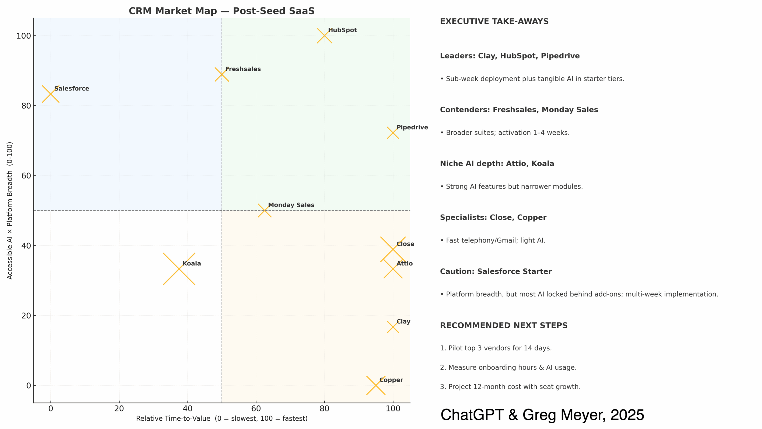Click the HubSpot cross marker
pyautogui.click(x=324, y=35)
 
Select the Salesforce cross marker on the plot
pyautogui.click(x=51, y=94)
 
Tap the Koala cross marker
pyautogui.click(x=179, y=269)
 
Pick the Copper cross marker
pyautogui.click(x=376, y=385)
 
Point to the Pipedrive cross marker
pyautogui.click(x=393, y=133)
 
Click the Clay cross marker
pyautogui.click(x=393, y=327)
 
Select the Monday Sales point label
pyautogui.click(x=291, y=205)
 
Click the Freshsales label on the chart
pyautogui.click(x=243, y=69)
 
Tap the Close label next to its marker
pyautogui.click(x=405, y=244)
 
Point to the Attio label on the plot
pyautogui.click(x=405, y=263)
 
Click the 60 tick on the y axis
pyautogui.click(x=26, y=176)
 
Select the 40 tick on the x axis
pyautogui.click(x=188, y=408)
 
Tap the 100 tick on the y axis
pyautogui.click(x=24, y=36)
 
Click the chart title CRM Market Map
pyautogui.click(x=221, y=11)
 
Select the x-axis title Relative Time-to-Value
pyautogui.click(x=221, y=419)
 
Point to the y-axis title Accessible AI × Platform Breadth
pyautogui.click(x=10, y=210)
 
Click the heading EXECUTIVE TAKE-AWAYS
pyautogui.click(x=494, y=21)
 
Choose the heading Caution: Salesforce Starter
pyautogui.click(x=496, y=271)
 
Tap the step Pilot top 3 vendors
pyautogui.click(x=496, y=348)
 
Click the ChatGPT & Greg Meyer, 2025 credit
pyautogui.click(x=542, y=415)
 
